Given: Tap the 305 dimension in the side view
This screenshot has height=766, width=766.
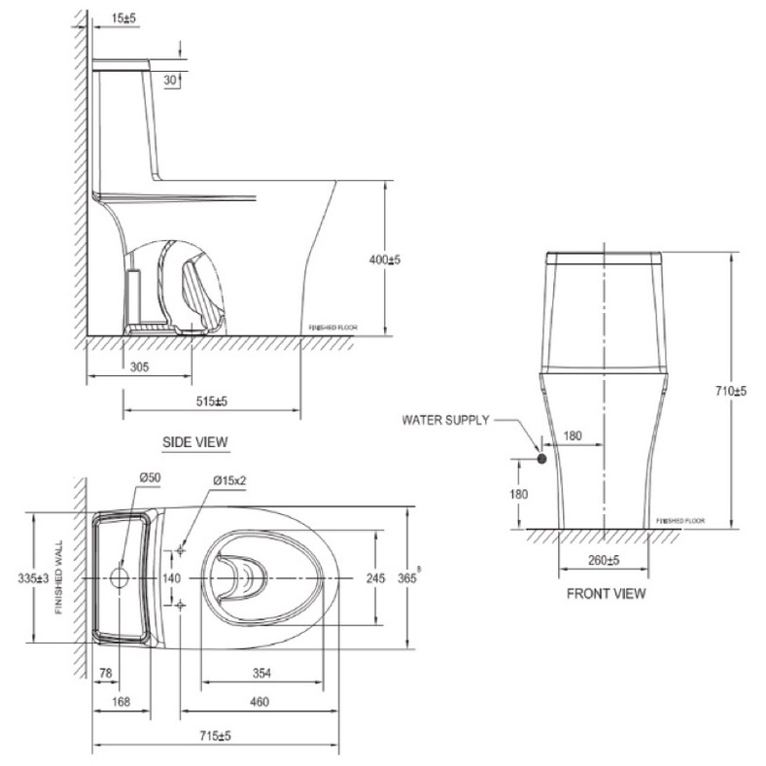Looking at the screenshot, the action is coord(140,366).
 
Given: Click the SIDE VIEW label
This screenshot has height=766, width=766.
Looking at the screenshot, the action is coord(195,442).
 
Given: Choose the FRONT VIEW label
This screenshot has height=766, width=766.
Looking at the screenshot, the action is coord(607,593).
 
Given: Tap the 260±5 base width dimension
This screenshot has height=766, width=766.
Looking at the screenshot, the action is coord(605,561).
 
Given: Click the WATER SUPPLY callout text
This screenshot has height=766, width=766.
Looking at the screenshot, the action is coord(445,421).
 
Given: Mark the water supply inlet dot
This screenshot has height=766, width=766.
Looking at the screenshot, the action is coord(540,459).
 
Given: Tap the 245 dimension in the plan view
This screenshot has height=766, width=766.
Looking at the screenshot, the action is coord(376,578).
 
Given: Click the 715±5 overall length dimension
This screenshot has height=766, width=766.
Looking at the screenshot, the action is coord(215,736).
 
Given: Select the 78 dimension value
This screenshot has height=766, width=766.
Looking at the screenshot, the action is coord(105,673).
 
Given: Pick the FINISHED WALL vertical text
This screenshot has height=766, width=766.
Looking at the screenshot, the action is coord(59,578).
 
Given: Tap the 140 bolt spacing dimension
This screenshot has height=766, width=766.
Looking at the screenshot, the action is coord(171,578).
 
